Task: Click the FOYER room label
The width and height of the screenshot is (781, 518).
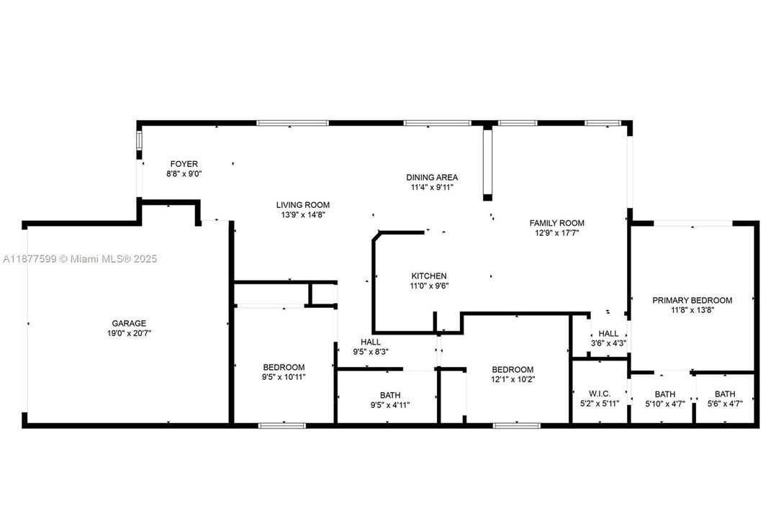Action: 184,164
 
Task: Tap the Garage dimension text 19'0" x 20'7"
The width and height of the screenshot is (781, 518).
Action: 129,333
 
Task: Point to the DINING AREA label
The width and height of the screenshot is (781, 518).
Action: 432,177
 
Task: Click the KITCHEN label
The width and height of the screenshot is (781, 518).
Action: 429,276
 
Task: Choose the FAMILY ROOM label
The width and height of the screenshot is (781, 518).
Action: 556,223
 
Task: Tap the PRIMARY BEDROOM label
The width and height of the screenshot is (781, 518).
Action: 692,300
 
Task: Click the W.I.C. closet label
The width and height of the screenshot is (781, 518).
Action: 600,394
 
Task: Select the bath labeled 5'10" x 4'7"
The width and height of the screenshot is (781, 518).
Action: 664,404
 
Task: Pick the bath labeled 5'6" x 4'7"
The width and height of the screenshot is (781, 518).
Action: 725,404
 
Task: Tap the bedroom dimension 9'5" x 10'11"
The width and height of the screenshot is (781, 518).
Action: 283,376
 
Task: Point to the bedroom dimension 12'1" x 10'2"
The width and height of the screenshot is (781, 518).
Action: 513,379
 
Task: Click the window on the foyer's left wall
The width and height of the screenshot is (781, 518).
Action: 139,142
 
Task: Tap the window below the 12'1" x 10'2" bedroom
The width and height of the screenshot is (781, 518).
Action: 516,426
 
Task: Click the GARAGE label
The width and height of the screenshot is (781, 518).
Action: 129,323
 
